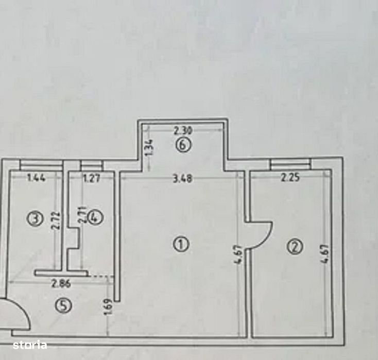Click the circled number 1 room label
pos(181,244)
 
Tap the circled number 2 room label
pos(295,247)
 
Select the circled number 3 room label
pos(35,219)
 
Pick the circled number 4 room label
pos(96,218)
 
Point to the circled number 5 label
pos(63,306)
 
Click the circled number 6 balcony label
pos(183,145)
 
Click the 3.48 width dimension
pos(183,179)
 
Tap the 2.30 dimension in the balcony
pos(183,131)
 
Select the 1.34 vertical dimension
pos(149,148)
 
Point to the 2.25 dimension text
pos(290,178)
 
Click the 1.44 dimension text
pos(36,178)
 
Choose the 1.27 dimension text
pos(91,179)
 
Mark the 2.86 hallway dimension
pos(61,284)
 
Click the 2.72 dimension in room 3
pos(56,220)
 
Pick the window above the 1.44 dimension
pos(41,165)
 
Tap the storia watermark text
pos(30,345)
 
